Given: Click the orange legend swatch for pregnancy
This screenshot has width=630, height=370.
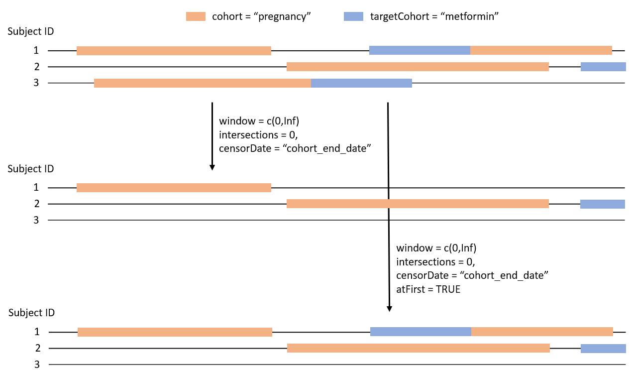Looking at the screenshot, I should pos(196,16).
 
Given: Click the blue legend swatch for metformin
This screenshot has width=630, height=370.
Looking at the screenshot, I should pos(353,16).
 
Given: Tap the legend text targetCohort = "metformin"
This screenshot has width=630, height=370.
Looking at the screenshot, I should pos(434,16).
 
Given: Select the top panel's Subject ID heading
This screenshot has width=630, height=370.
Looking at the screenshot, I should pos(31,31).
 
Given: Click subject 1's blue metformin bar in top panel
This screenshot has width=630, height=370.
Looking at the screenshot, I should pos(420,50).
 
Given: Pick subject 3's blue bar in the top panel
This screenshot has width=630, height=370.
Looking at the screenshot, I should pos(361,83).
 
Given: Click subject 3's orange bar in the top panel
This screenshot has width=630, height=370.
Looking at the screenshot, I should pos(202,83).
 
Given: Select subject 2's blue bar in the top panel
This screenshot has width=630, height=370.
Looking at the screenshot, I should pos(603,67).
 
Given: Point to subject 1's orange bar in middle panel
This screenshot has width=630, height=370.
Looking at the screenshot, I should pos(174,188).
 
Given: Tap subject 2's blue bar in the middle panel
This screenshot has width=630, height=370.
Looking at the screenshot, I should pos(602,204).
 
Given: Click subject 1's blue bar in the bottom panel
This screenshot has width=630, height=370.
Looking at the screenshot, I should pos(420,332).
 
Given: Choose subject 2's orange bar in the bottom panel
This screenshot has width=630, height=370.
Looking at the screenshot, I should pos(418,348).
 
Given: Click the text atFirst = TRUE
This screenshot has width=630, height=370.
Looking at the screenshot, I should pos(428,289).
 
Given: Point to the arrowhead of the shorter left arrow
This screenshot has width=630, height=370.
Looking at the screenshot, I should pos(212,167).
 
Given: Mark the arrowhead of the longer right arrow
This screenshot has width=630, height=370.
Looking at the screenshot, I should pos(389,308).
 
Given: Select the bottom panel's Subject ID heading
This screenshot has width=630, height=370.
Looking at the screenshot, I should pos(31,313).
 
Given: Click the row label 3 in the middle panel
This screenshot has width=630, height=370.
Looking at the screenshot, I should pos(36,220).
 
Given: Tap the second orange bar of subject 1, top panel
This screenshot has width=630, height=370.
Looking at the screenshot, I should pos(541,50).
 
